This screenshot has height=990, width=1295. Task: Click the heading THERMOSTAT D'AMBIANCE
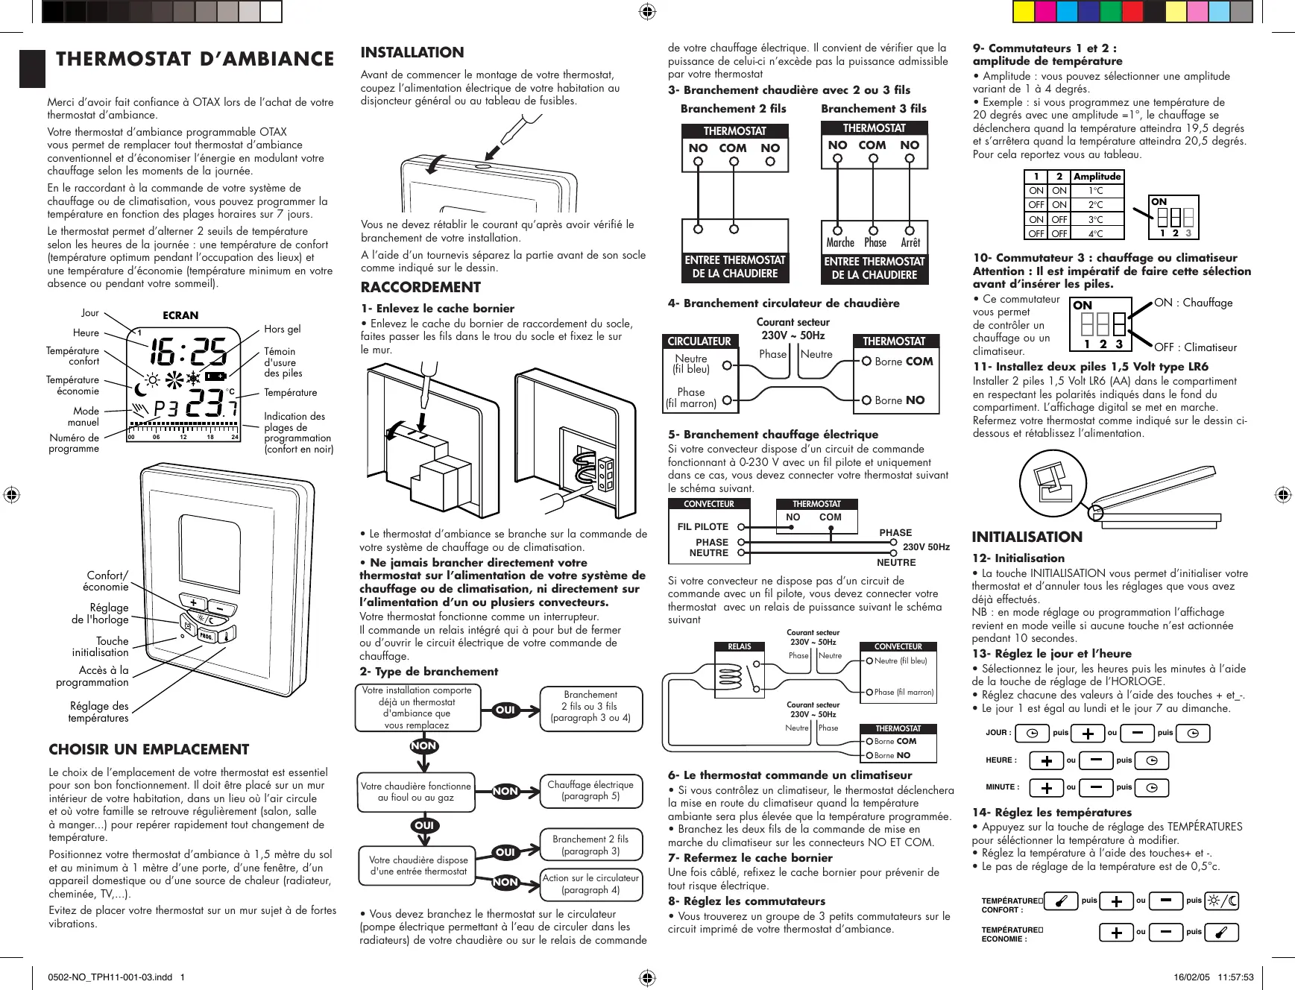click(x=195, y=60)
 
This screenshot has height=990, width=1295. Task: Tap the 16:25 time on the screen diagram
click(x=189, y=353)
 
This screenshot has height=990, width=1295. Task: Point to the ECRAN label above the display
click(x=180, y=315)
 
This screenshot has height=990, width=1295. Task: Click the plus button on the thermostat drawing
click(x=193, y=603)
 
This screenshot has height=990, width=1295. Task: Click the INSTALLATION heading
click(x=412, y=52)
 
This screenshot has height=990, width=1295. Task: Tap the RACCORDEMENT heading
click(x=420, y=287)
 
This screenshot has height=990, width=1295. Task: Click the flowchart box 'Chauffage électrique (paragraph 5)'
click(x=590, y=790)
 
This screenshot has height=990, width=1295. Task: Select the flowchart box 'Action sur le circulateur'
click(x=590, y=884)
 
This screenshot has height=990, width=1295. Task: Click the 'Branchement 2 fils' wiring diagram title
click(x=733, y=109)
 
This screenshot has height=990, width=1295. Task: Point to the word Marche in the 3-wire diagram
click(x=840, y=243)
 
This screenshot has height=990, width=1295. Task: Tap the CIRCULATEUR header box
click(x=699, y=341)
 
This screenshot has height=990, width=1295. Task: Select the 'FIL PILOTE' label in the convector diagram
click(x=702, y=526)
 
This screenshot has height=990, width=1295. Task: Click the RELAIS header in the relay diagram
click(x=739, y=646)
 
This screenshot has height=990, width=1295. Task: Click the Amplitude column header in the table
click(x=1097, y=177)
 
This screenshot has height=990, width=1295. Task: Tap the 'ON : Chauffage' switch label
click(x=1193, y=303)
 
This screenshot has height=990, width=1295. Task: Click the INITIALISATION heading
click(x=1027, y=537)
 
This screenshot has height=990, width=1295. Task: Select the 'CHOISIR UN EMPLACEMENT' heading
click(x=148, y=749)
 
